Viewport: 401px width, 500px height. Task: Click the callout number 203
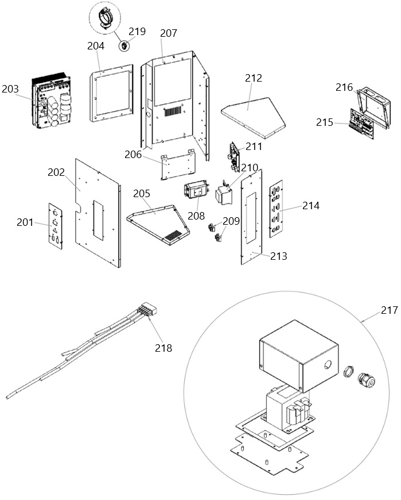(10, 89)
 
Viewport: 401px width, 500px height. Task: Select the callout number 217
(389, 310)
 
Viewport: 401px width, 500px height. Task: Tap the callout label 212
(254, 78)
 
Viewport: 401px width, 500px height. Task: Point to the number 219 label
(137, 32)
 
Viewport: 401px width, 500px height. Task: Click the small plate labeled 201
(56, 226)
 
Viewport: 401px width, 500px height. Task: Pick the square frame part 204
(111, 93)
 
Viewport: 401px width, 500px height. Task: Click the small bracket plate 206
(178, 164)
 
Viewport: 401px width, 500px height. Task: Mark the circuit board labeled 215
(362, 124)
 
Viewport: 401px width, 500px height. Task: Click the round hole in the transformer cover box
(327, 364)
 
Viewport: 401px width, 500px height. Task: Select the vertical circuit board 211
(235, 156)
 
